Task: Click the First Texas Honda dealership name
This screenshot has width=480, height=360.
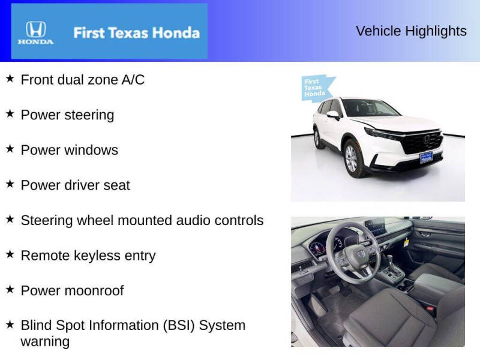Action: (136, 32)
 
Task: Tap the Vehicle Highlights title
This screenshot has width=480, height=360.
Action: (411, 31)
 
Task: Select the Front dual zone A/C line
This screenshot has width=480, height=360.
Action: (83, 80)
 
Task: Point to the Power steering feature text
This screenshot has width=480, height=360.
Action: (67, 115)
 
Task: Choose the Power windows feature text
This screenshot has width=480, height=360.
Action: (70, 150)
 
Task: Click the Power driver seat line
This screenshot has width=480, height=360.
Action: (75, 185)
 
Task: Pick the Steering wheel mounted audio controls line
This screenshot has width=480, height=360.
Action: (142, 220)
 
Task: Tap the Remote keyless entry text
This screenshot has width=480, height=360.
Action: (88, 256)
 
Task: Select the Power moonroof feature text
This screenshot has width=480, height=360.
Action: (72, 291)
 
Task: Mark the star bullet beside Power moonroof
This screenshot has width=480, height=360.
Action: (10, 289)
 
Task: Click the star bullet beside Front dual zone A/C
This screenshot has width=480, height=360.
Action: (10, 78)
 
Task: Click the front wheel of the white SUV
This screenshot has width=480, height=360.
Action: (351, 158)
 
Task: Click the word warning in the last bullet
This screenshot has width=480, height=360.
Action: (45, 342)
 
